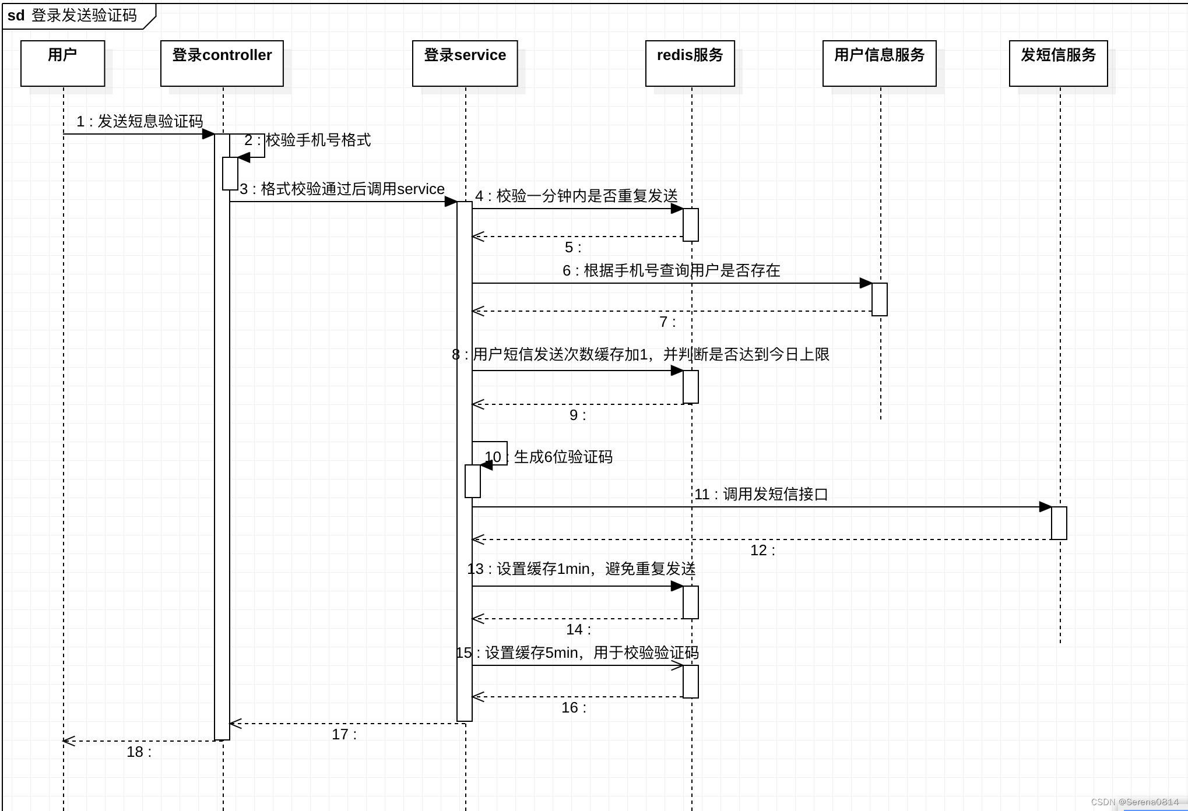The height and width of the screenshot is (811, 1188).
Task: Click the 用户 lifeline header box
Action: pos(62,63)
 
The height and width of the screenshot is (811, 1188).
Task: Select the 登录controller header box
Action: pos(222,63)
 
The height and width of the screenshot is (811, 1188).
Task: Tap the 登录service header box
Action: pos(465,63)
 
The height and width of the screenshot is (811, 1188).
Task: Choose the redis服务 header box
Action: pos(690,63)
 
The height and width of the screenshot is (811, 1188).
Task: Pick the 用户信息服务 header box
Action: pos(879,63)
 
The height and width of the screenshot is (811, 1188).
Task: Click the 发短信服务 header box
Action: pos(1058,63)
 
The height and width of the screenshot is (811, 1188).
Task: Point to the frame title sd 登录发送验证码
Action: pos(73,16)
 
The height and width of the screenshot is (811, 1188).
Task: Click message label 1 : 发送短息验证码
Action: pos(140,121)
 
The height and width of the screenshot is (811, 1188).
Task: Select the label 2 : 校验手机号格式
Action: pos(308,140)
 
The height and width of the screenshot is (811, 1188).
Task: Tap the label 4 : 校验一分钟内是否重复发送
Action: pos(577,196)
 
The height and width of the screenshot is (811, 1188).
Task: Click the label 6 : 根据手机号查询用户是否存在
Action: pos(671,270)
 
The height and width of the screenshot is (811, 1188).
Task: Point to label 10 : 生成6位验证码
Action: pos(549,457)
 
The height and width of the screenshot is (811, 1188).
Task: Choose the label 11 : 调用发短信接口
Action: pos(761,494)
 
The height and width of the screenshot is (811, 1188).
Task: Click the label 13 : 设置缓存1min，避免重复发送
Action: pos(581,569)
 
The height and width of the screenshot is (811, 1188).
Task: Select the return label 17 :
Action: pos(344,734)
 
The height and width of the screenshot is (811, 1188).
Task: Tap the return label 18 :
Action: pos(139,752)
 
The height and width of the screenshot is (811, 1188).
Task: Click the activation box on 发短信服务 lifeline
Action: pos(1059,523)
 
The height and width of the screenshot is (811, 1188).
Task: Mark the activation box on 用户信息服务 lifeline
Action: pos(879,299)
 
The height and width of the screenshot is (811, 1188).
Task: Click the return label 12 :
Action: pos(762,550)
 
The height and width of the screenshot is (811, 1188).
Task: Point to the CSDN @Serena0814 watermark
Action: pos(1134,802)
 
